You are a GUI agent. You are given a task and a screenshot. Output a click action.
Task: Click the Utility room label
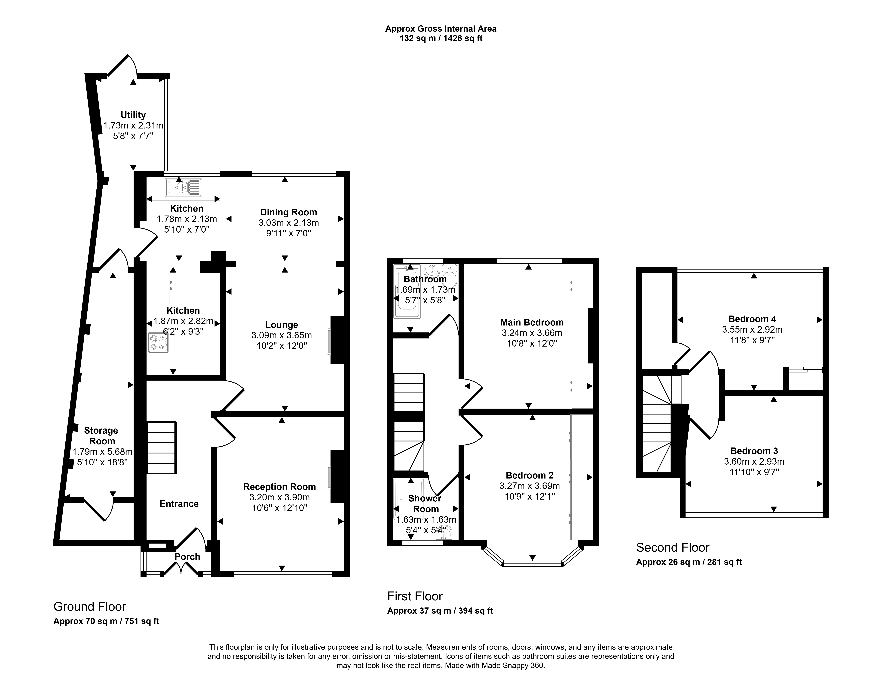(133, 115)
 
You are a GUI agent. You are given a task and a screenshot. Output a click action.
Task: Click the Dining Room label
(288, 212)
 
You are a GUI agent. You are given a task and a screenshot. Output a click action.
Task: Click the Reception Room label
(279, 487)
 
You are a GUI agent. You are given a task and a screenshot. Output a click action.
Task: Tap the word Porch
(187, 557)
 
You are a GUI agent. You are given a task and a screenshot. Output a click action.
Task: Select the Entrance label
(179, 504)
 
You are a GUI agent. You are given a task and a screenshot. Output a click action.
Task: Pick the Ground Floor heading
(90, 606)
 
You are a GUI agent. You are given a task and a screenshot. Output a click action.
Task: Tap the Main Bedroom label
(532, 322)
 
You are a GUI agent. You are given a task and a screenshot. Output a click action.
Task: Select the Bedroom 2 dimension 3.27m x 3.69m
(530, 486)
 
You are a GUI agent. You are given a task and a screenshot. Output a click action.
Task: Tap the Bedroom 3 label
(754, 451)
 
